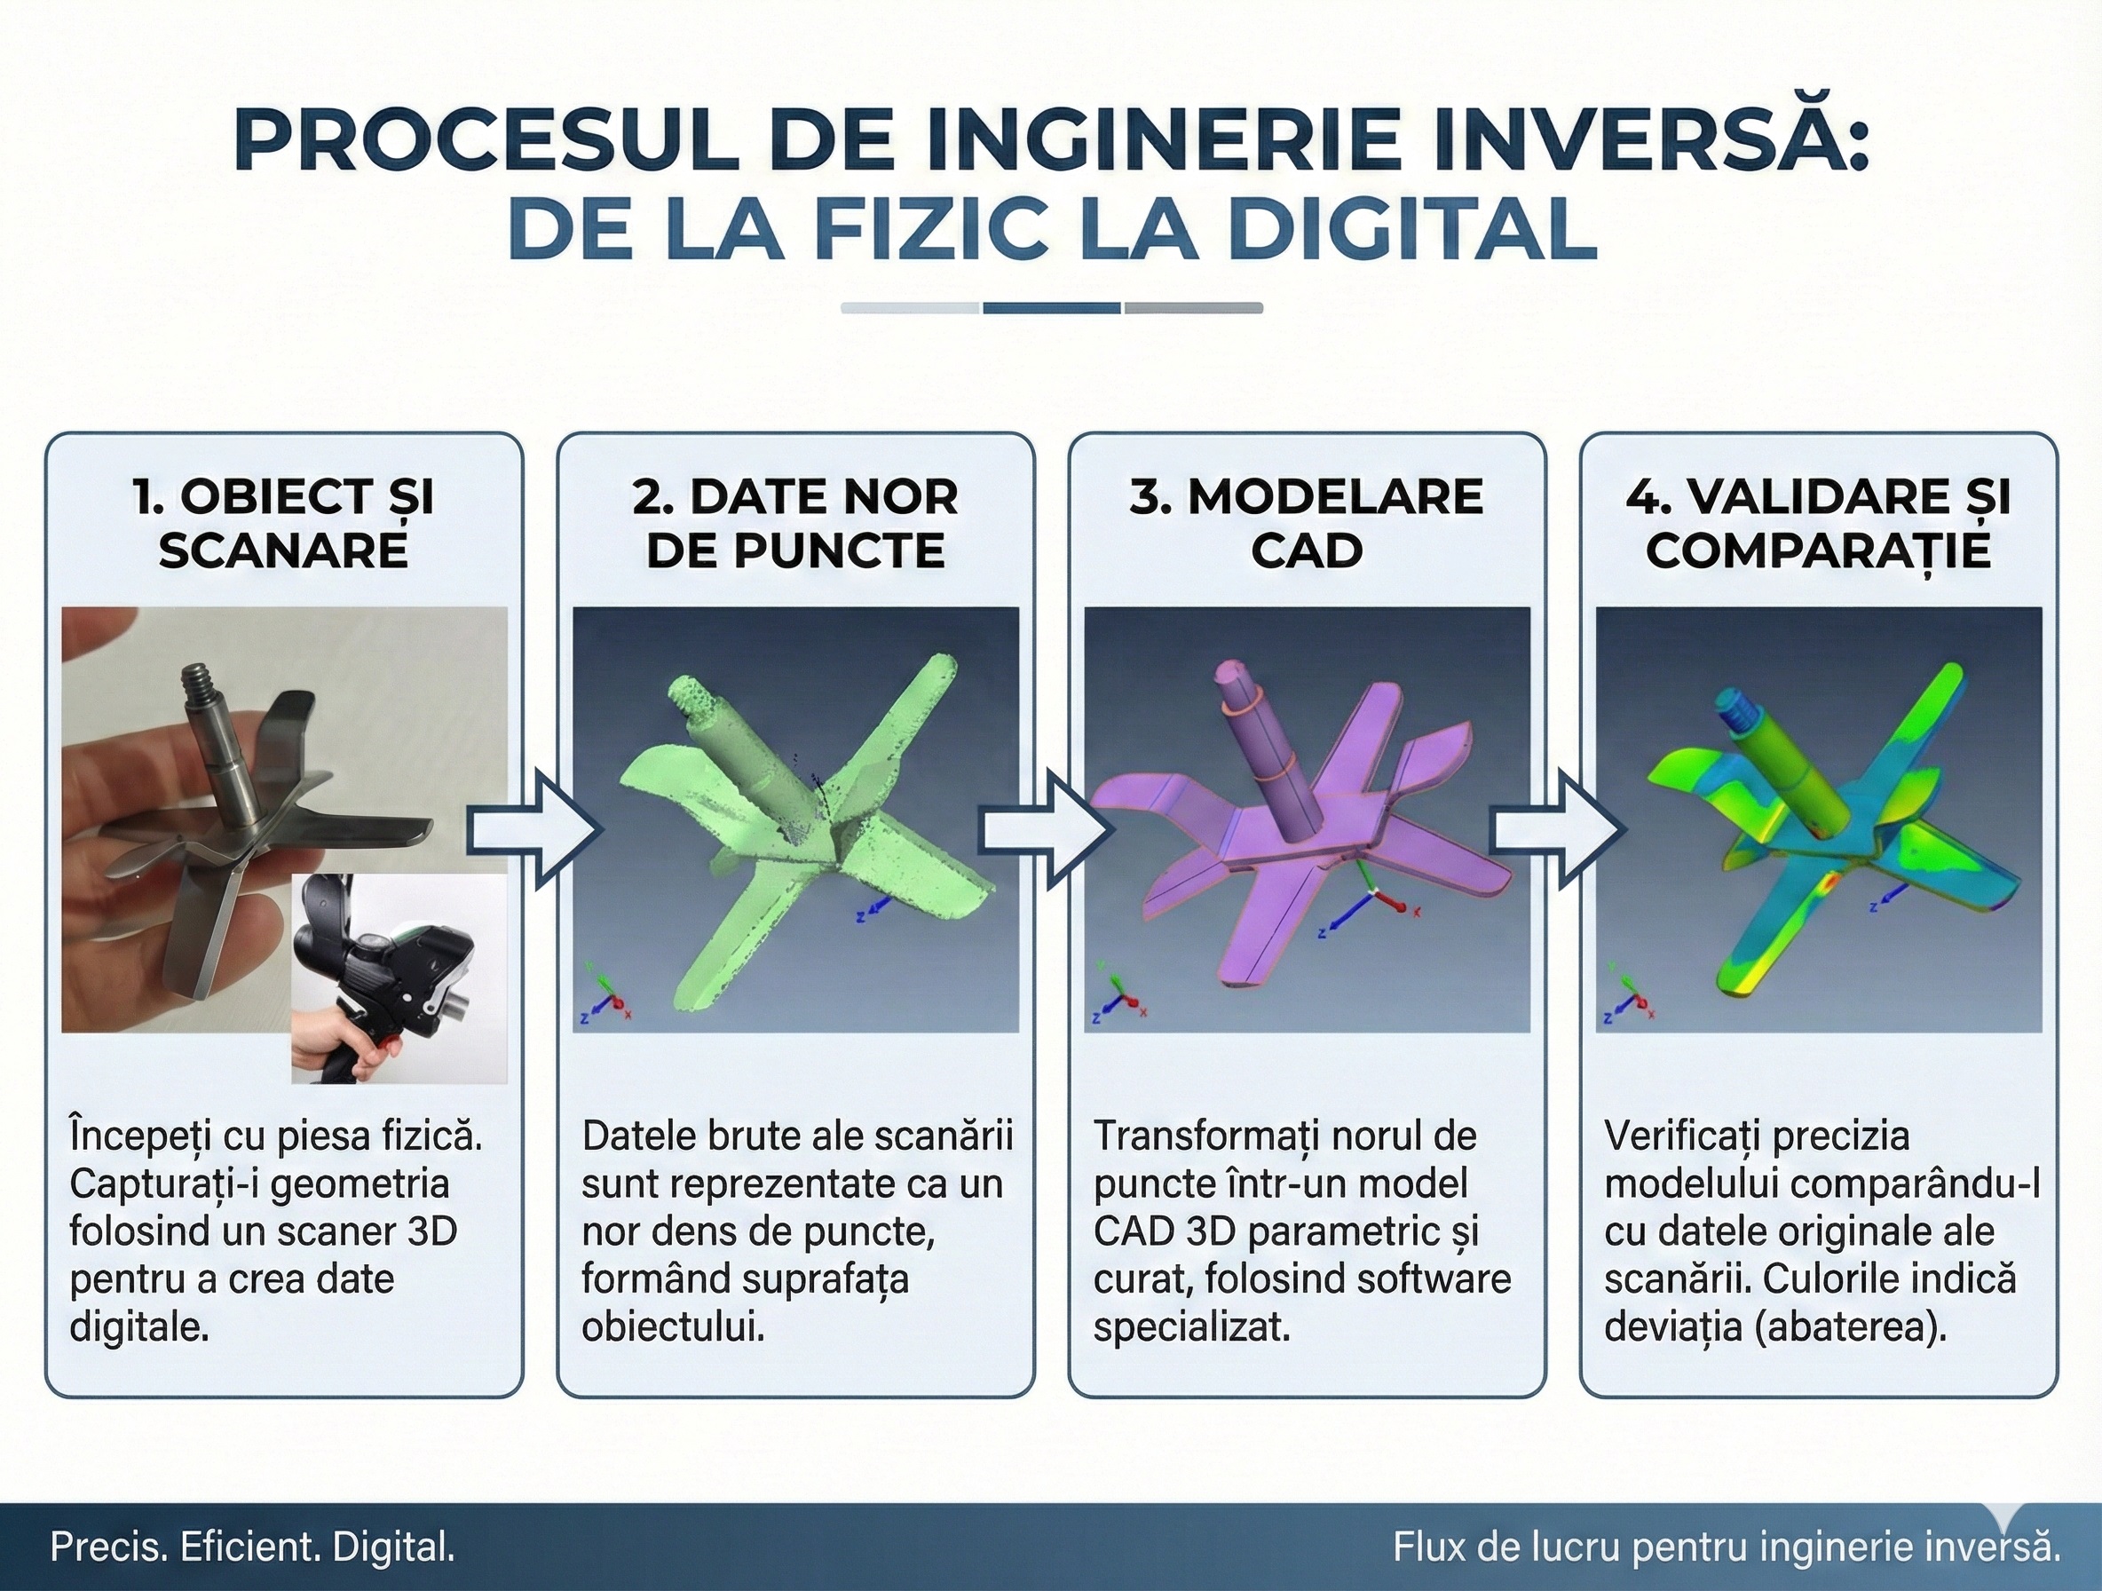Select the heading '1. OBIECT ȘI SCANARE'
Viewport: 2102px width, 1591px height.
[283, 524]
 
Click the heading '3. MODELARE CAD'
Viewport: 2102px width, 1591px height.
[1307, 524]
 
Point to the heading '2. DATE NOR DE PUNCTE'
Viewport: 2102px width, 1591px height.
[795, 524]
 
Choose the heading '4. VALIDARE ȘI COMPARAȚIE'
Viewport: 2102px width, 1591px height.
[1818, 524]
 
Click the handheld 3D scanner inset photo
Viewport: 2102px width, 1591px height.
[399, 979]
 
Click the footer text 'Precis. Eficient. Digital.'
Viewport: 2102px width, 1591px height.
[252, 1547]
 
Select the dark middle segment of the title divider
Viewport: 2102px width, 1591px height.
[1051, 308]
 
